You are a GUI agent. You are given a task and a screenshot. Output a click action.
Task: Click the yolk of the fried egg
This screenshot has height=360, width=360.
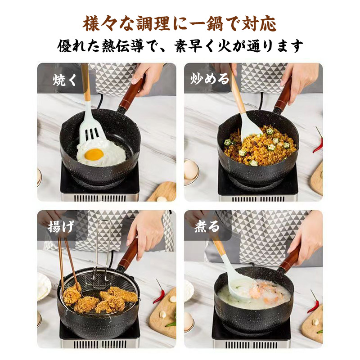pyautogui.click(x=94, y=154)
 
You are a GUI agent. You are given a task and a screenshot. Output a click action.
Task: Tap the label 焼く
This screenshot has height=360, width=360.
pyautogui.click(x=64, y=80)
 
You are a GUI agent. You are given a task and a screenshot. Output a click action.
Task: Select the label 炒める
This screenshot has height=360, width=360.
pyautogui.click(x=210, y=79)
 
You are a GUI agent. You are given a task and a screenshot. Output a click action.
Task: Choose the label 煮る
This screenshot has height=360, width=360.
pyautogui.click(x=207, y=226)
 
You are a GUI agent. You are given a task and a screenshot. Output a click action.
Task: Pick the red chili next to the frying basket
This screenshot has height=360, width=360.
pyautogui.click(x=159, y=292)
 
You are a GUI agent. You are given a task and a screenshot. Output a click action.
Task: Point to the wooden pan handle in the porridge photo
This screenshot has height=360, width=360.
pyautogui.click(x=290, y=257)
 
